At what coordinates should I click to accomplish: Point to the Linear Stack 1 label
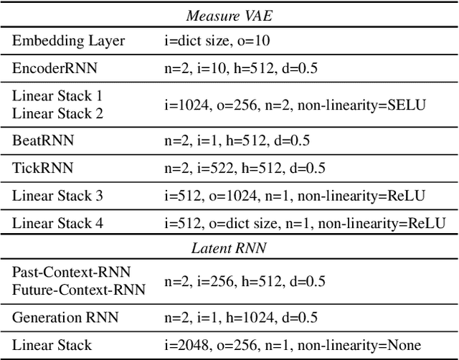coord(57,95)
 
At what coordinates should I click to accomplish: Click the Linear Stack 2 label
coord(57,113)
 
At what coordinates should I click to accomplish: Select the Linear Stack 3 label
coord(57,196)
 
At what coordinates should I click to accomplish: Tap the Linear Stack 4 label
coord(57,223)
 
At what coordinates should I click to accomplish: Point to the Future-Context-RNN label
coord(78,290)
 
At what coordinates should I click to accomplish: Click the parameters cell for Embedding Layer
coord(227,41)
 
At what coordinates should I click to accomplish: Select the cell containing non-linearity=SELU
coord(294,104)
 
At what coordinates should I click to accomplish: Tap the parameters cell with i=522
coord(244,169)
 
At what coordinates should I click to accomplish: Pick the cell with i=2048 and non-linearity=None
coord(292,345)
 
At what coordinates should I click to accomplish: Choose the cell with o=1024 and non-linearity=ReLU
coord(294,196)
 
